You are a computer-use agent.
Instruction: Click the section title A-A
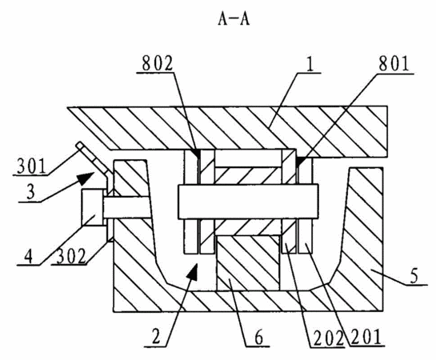point(234,19)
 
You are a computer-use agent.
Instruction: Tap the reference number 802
point(158,64)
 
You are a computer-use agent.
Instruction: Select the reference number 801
point(394,64)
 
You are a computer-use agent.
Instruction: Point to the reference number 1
point(310,64)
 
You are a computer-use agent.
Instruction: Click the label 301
point(31,166)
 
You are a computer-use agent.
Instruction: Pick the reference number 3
point(30,192)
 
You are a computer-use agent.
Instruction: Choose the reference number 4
point(28,256)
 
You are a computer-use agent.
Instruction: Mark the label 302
point(70,256)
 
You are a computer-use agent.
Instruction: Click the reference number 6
point(258,338)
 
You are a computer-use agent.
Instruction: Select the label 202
point(328,338)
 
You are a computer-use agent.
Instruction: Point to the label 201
point(366,338)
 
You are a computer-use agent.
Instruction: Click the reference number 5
point(414,276)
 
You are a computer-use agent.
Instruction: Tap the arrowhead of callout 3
point(85,178)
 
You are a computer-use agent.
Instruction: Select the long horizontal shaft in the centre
point(248,202)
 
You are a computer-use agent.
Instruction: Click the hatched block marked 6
point(248,263)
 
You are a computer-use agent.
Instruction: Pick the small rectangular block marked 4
point(93,207)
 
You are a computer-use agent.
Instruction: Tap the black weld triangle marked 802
point(197,154)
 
